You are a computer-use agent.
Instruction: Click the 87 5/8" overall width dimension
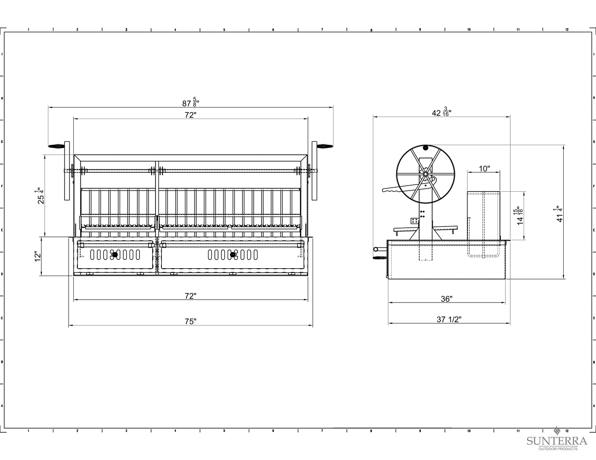coord(191,102)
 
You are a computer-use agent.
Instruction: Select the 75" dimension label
coord(191,322)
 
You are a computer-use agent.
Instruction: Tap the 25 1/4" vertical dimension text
coord(40,195)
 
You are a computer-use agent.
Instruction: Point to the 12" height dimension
coord(38,256)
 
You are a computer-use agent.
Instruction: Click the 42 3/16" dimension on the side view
coord(442,112)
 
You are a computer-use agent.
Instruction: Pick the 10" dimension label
coord(484,169)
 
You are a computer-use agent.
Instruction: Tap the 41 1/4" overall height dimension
coord(560,214)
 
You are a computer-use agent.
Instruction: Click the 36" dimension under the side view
coord(447,299)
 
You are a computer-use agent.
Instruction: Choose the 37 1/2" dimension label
coord(449,319)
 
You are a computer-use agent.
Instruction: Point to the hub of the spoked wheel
coord(425,174)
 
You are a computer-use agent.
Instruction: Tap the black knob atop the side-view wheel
coord(425,148)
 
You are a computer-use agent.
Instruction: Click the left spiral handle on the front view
coord(56,146)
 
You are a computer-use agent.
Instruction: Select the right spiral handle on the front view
coord(325,146)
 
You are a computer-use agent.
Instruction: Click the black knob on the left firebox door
coord(115,255)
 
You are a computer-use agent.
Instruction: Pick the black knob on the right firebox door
coord(233,255)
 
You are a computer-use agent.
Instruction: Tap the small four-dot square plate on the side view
coord(415,220)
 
